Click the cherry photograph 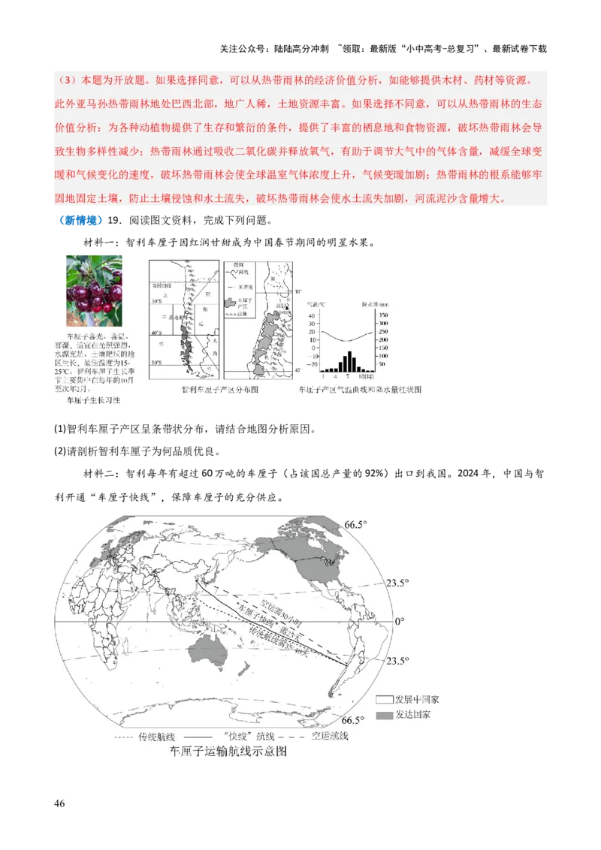[x=93, y=289]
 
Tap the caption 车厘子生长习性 [x=94, y=401]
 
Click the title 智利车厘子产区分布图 [x=219, y=390]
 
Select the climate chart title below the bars [x=361, y=390]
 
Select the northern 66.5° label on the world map [x=355, y=524]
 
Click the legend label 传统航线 [x=156, y=736]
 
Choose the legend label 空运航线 [x=328, y=736]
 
